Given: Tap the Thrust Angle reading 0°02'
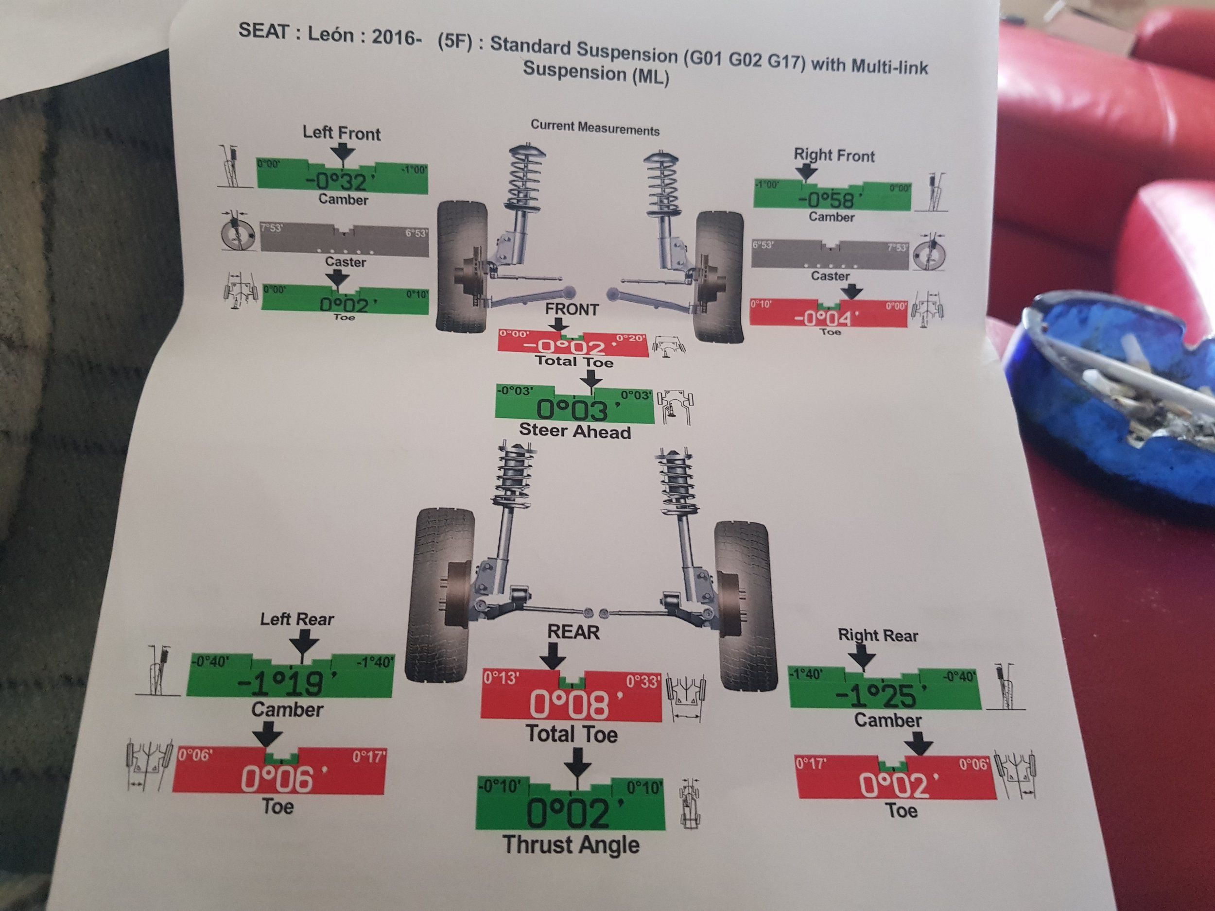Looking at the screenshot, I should tap(569, 814).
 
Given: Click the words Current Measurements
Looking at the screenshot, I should tap(595, 128).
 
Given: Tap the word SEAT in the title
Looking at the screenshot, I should tap(263, 32).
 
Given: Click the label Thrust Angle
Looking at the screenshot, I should tap(571, 845).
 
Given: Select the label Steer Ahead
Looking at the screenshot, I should tap(574, 431).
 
